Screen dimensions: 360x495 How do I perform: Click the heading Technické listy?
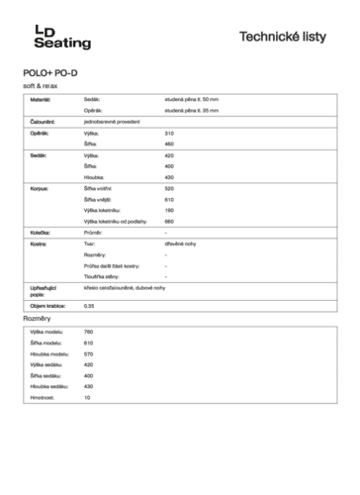click(x=289, y=37)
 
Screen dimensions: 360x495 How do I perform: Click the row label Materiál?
click(x=41, y=101)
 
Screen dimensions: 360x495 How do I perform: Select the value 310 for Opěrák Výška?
click(x=169, y=133)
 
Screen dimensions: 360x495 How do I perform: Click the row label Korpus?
click(x=41, y=188)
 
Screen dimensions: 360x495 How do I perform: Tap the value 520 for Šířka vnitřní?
click(x=169, y=188)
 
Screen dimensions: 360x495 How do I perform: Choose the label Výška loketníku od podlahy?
click(x=117, y=221)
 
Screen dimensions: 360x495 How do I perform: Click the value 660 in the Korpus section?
click(x=169, y=221)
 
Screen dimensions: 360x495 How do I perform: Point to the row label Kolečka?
click(x=42, y=233)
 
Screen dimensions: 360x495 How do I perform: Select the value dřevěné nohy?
click(x=181, y=244)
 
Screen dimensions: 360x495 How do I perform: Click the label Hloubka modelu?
click(x=49, y=353)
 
